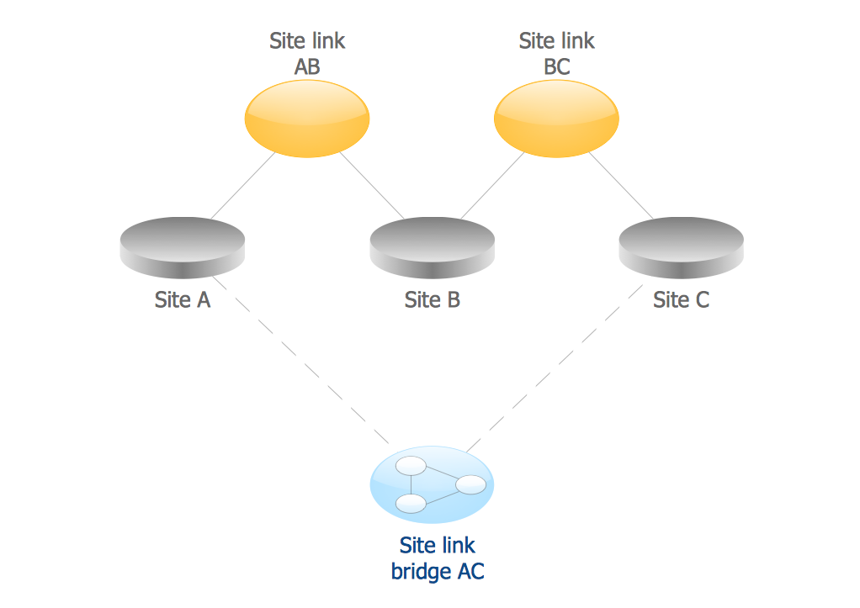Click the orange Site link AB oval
coord(307,119)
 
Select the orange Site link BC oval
coord(556,119)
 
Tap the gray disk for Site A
coord(183,247)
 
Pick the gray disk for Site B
coord(432,247)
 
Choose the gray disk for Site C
coord(681,247)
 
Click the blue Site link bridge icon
coord(432,485)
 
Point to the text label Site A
coord(183,300)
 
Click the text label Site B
coord(432,300)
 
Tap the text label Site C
coord(681,300)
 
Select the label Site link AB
coord(307,53)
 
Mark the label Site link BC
coord(556,53)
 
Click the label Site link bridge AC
coord(438,558)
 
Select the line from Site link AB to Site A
coord(243,187)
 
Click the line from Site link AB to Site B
coord(372,187)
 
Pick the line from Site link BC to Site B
coord(492,187)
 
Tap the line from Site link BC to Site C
coord(621,187)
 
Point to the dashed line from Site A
coord(300,361)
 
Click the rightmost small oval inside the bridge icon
coord(470,484)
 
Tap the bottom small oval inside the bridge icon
coord(411,504)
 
